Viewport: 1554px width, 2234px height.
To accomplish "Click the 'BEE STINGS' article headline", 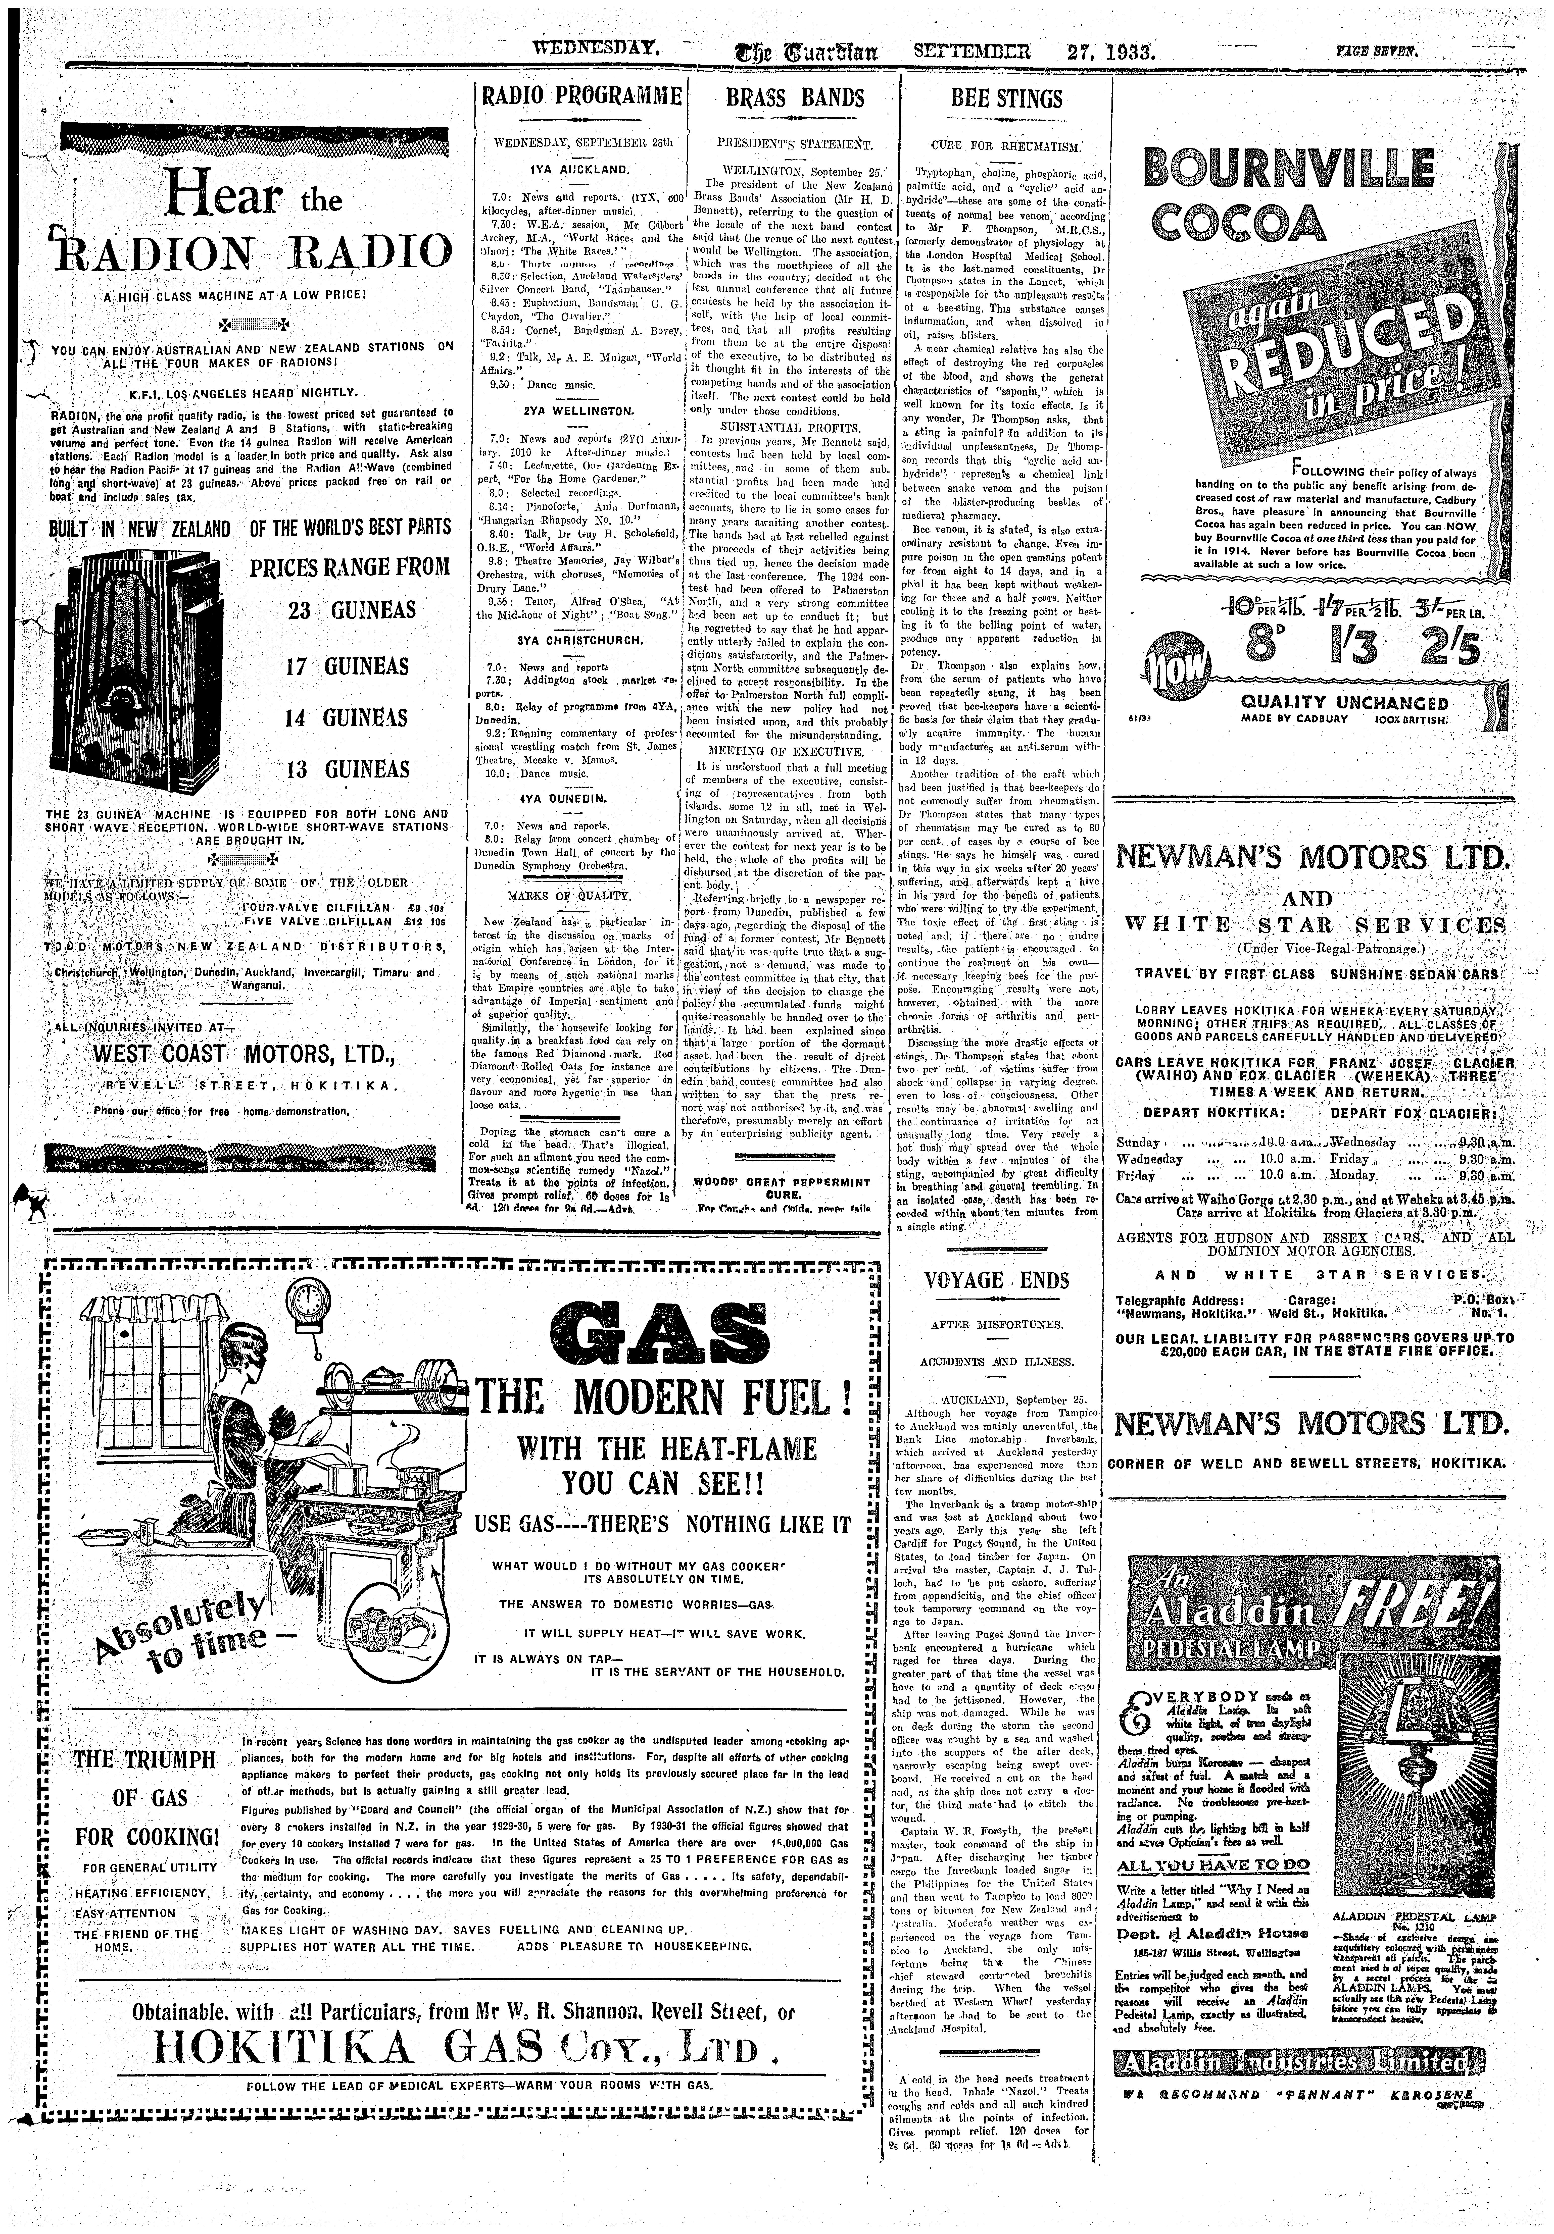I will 1006,99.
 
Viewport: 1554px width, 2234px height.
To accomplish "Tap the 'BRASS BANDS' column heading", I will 795,98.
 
